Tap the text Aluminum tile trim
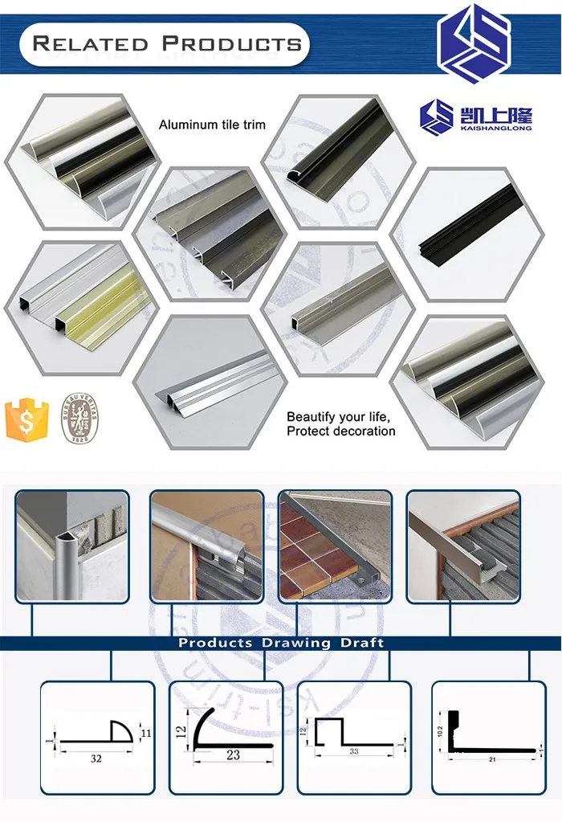[212, 125]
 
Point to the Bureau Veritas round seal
[79, 419]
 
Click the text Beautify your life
[338, 417]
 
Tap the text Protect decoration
[341, 431]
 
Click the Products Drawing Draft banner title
[281, 643]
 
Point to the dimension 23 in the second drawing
[234, 756]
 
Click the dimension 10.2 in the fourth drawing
[441, 728]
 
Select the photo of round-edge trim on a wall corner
[71, 546]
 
